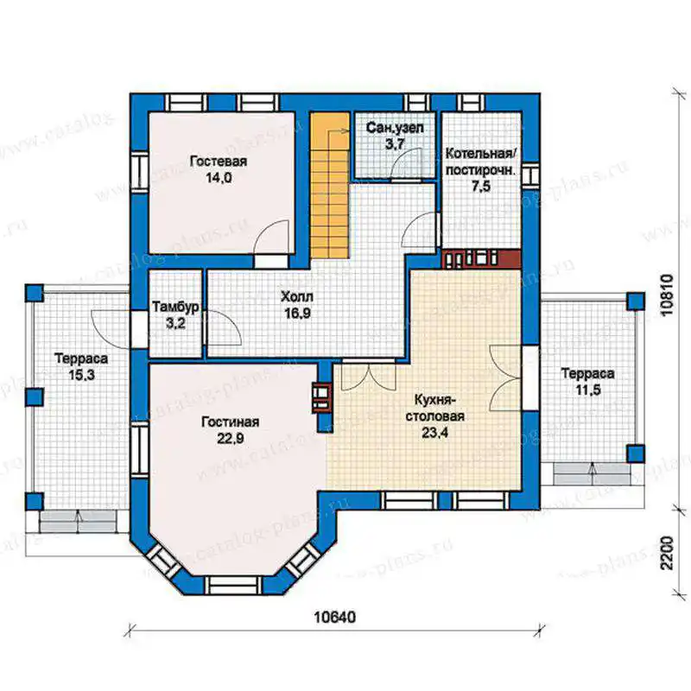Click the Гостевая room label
click(x=219, y=162)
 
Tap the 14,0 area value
click(x=219, y=178)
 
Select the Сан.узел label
click(x=395, y=128)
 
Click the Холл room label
click(x=297, y=296)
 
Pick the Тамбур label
click(x=175, y=307)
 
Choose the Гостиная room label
click(x=230, y=422)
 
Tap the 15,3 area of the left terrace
click(x=81, y=375)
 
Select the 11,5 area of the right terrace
click(x=587, y=390)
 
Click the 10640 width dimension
click(x=334, y=617)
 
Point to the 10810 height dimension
click(x=668, y=295)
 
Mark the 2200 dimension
click(x=668, y=553)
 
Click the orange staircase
click(x=330, y=187)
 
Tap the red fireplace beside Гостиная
click(x=321, y=397)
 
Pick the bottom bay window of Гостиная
click(x=234, y=586)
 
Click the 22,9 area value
click(x=230, y=439)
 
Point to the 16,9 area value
click(x=297, y=314)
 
